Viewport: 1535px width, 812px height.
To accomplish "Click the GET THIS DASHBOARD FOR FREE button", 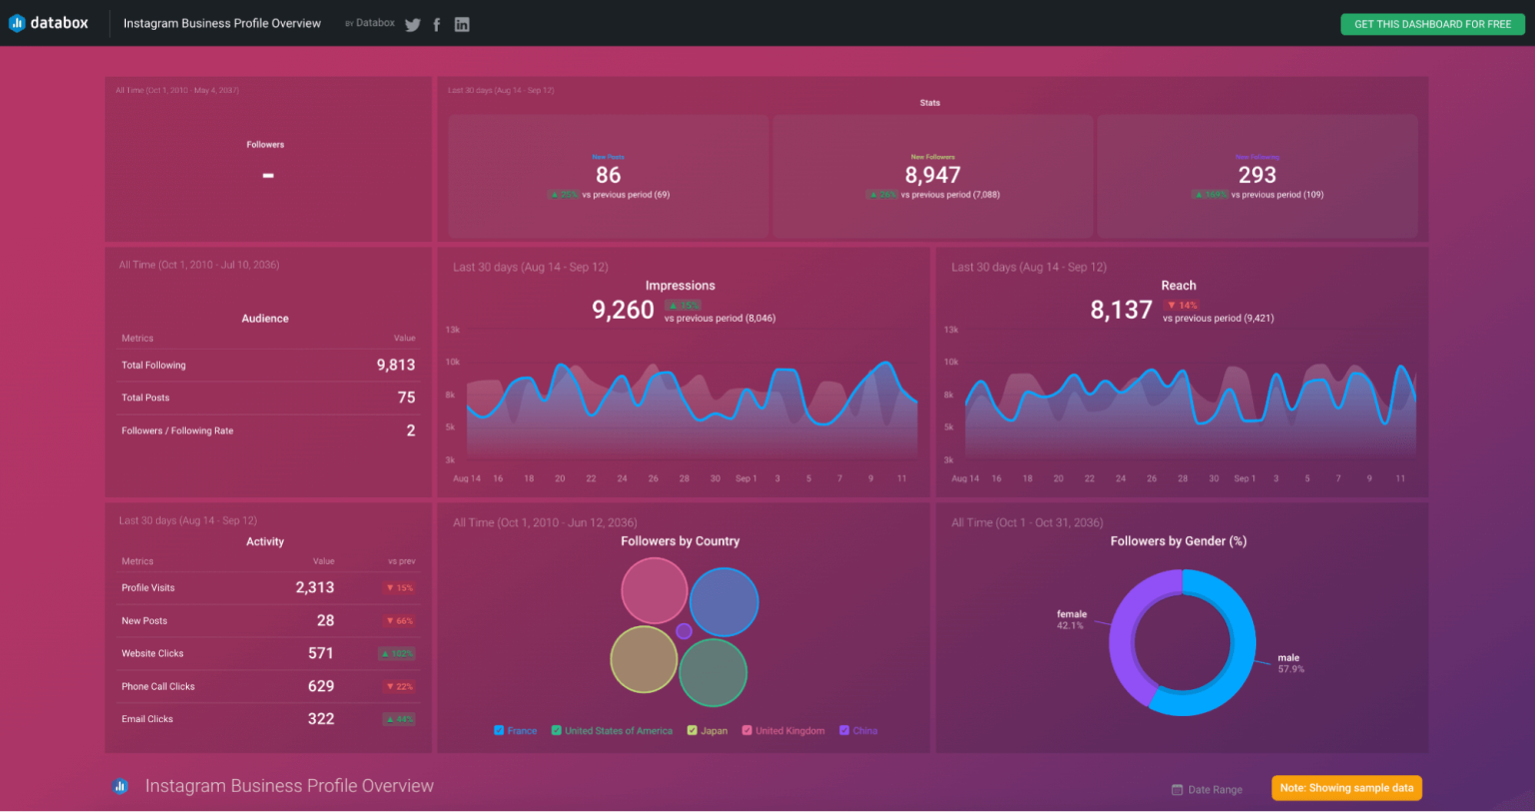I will point(1431,24).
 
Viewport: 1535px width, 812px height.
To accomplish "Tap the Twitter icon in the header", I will point(413,25).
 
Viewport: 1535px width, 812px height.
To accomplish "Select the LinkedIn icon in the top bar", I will point(462,25).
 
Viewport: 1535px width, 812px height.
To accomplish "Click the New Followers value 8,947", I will point(931,175).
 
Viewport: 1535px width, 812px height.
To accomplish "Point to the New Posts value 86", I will point(608,175).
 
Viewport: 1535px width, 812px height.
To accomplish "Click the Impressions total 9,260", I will point(623,310).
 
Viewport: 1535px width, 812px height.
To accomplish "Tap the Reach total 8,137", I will point(1120,310).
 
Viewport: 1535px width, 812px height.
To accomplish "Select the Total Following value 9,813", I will point(396,365).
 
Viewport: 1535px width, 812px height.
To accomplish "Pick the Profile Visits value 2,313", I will point(315,587).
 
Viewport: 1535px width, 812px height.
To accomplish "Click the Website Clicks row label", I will point(153,653).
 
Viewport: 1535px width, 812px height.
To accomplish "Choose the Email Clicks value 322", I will point(321,719).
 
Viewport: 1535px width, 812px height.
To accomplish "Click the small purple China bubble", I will point(684,631).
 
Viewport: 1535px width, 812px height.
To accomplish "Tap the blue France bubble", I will point(724,602).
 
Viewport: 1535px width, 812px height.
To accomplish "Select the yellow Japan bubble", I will point(644,659).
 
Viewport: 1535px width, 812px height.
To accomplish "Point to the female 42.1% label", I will point(1071,619).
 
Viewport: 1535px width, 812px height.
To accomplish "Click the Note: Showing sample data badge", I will point(1346,788).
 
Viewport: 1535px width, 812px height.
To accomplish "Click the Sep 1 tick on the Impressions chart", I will point(746,478).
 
